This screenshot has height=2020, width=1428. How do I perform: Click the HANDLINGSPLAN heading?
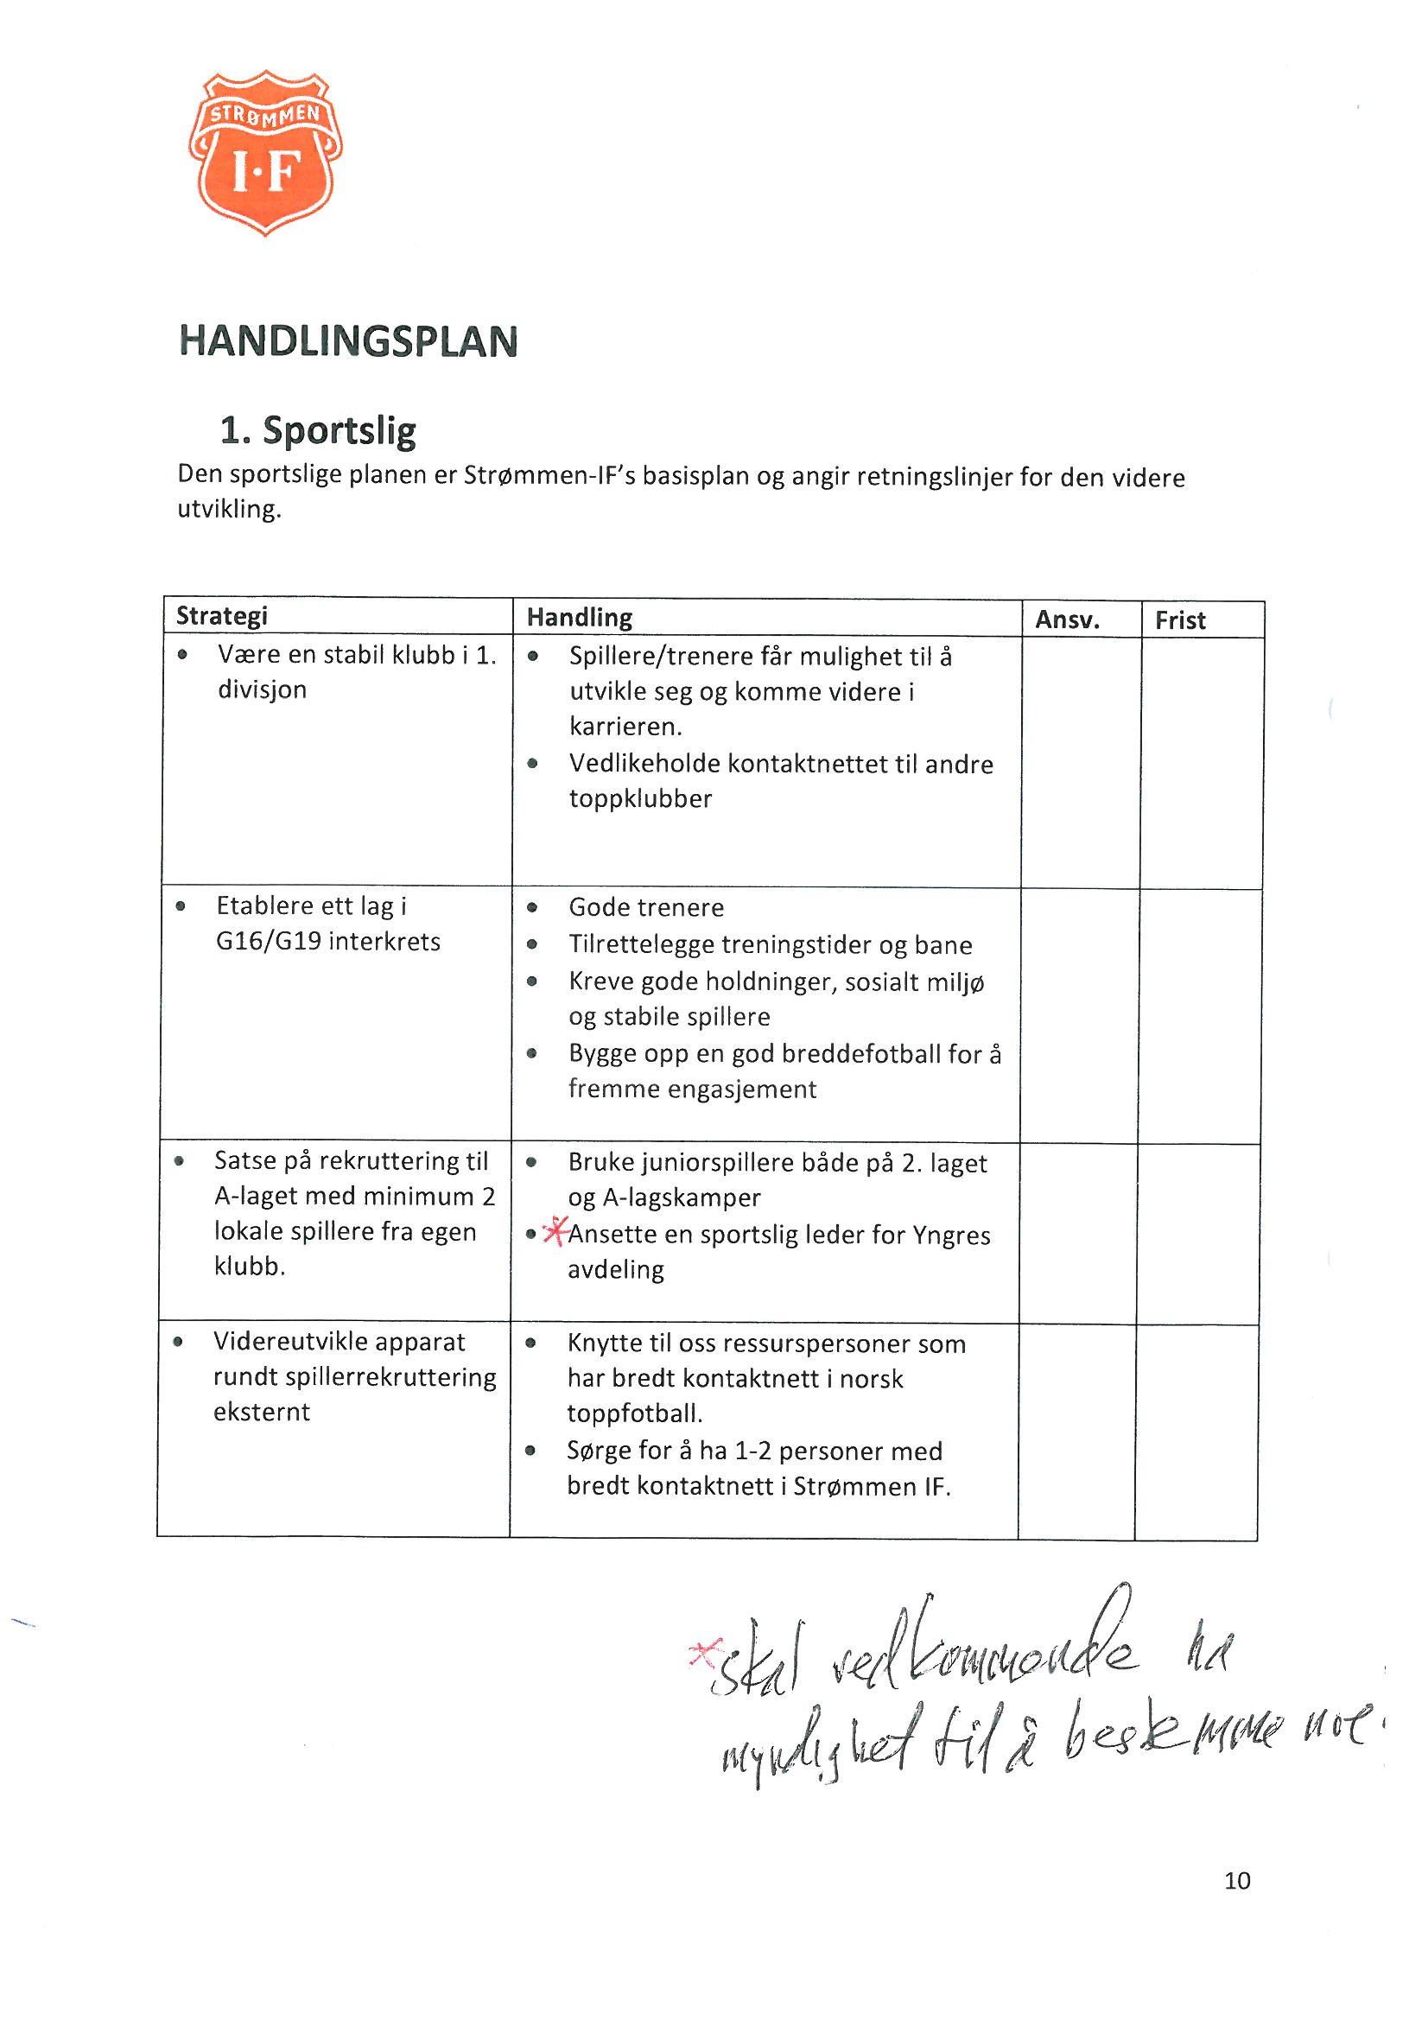coord(348,341)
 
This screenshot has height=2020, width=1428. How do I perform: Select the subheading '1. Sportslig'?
coord(318,430)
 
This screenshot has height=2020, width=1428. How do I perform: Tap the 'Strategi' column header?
coord(222,615)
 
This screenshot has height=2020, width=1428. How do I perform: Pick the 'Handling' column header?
coord(579,618)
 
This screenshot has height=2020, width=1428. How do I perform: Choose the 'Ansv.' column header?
coord(1067,620)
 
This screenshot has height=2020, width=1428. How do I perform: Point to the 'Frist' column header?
coord(1180,620)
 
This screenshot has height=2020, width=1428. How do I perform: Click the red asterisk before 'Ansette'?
coord(555,1232)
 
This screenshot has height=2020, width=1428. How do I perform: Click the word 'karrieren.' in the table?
coord(625,727)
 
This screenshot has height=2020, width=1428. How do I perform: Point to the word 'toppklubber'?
coord(639,799)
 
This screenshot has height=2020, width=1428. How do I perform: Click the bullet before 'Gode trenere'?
coord(531,907)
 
